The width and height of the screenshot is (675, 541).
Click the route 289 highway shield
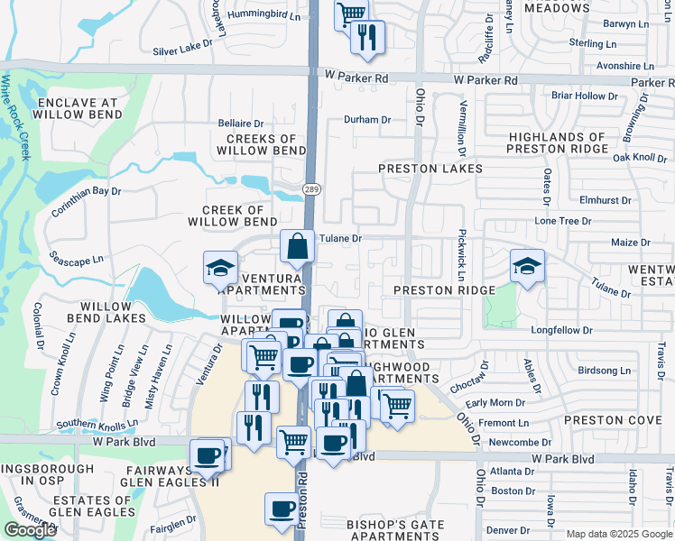311,189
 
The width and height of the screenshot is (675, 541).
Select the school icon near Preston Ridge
527,266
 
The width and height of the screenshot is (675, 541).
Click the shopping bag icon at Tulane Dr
297,246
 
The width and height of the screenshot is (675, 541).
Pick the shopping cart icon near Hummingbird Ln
351,14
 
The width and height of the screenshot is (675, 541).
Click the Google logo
30,530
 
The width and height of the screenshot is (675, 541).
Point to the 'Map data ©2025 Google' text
619,534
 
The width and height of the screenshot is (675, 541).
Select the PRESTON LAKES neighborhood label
430,169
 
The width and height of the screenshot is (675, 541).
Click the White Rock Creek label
14,117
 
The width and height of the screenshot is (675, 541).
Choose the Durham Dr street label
368,119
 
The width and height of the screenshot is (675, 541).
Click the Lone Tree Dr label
563,220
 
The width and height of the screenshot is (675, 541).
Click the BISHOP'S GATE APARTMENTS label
396,529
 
